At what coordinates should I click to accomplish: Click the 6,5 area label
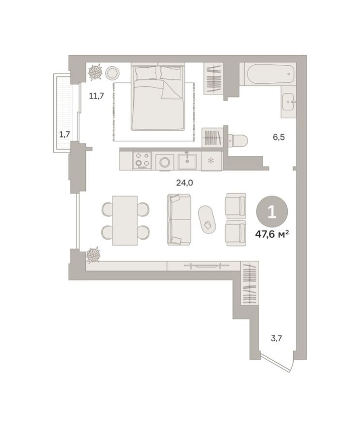point(279,137)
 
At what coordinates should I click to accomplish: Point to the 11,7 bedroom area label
point(96,95)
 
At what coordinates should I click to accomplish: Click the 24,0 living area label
point(184,183)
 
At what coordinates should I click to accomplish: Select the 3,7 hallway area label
point(276,338)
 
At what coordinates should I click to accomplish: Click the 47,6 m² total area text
point(272,233)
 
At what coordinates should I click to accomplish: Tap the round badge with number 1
point(272,212)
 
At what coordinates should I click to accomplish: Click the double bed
point(157,97)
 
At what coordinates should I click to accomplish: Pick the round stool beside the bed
point(112,73)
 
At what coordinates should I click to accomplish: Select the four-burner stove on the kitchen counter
point(142,160)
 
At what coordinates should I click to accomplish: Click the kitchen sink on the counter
point(187,160)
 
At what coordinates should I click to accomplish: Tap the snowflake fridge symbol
point(211,161)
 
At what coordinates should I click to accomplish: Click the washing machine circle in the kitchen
point(165,161)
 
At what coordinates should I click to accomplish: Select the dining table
point(125,220)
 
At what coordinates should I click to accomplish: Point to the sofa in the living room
point(179,219)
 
